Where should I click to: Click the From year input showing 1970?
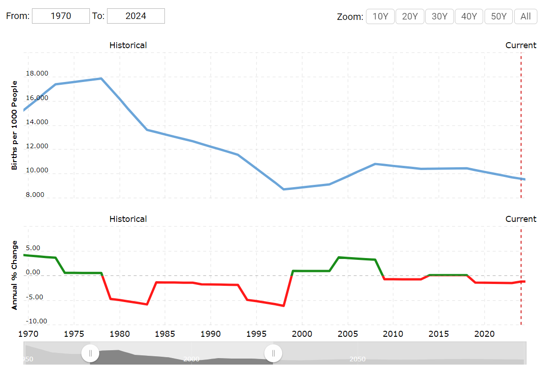point(61,16)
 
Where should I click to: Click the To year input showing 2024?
point(136,16)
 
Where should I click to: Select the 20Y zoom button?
point(410,16)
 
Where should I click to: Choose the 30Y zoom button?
point(439,16)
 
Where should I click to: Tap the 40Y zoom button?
point(469,16)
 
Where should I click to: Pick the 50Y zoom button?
point(498,16)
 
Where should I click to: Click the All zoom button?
point(525,16)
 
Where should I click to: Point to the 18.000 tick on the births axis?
point(37,74)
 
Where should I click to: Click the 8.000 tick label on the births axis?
point(35,195)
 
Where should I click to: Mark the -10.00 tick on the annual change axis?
point(36,321)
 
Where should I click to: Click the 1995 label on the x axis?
point(256,334)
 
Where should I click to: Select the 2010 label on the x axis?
point(393,334)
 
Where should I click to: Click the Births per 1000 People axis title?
point(14,125)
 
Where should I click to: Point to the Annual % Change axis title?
point(14,275)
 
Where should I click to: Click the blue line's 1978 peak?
point(101,78)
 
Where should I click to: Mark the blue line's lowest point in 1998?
point(284,189)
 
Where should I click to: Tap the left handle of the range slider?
point(90,353)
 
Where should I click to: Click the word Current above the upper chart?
point(521,45)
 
